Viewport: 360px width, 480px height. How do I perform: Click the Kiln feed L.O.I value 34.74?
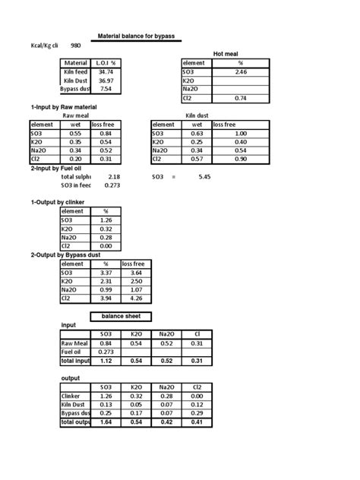click(106, 71)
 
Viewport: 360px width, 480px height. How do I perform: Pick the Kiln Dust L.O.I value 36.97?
click(106, 80)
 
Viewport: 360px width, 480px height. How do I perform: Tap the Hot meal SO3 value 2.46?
click(242, 71)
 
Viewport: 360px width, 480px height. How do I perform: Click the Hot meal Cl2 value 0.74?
click(242, 98)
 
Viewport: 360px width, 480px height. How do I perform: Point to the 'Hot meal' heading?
click(229, 54)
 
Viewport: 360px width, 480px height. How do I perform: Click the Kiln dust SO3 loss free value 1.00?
click(241, 133)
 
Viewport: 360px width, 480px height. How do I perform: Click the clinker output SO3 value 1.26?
click(106, 219)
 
